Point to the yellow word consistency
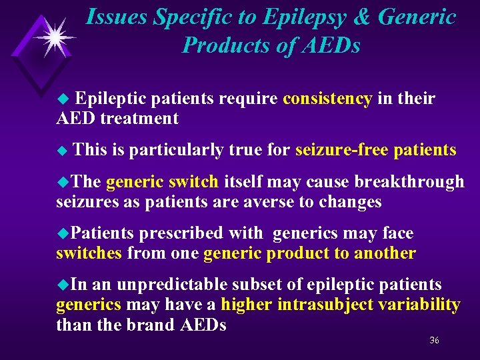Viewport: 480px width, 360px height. (327, 99)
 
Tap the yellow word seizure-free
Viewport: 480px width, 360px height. (341, 150)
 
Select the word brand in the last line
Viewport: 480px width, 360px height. (155, 325)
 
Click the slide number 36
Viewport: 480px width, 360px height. (434, 340)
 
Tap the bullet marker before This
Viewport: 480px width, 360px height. (64, 151)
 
